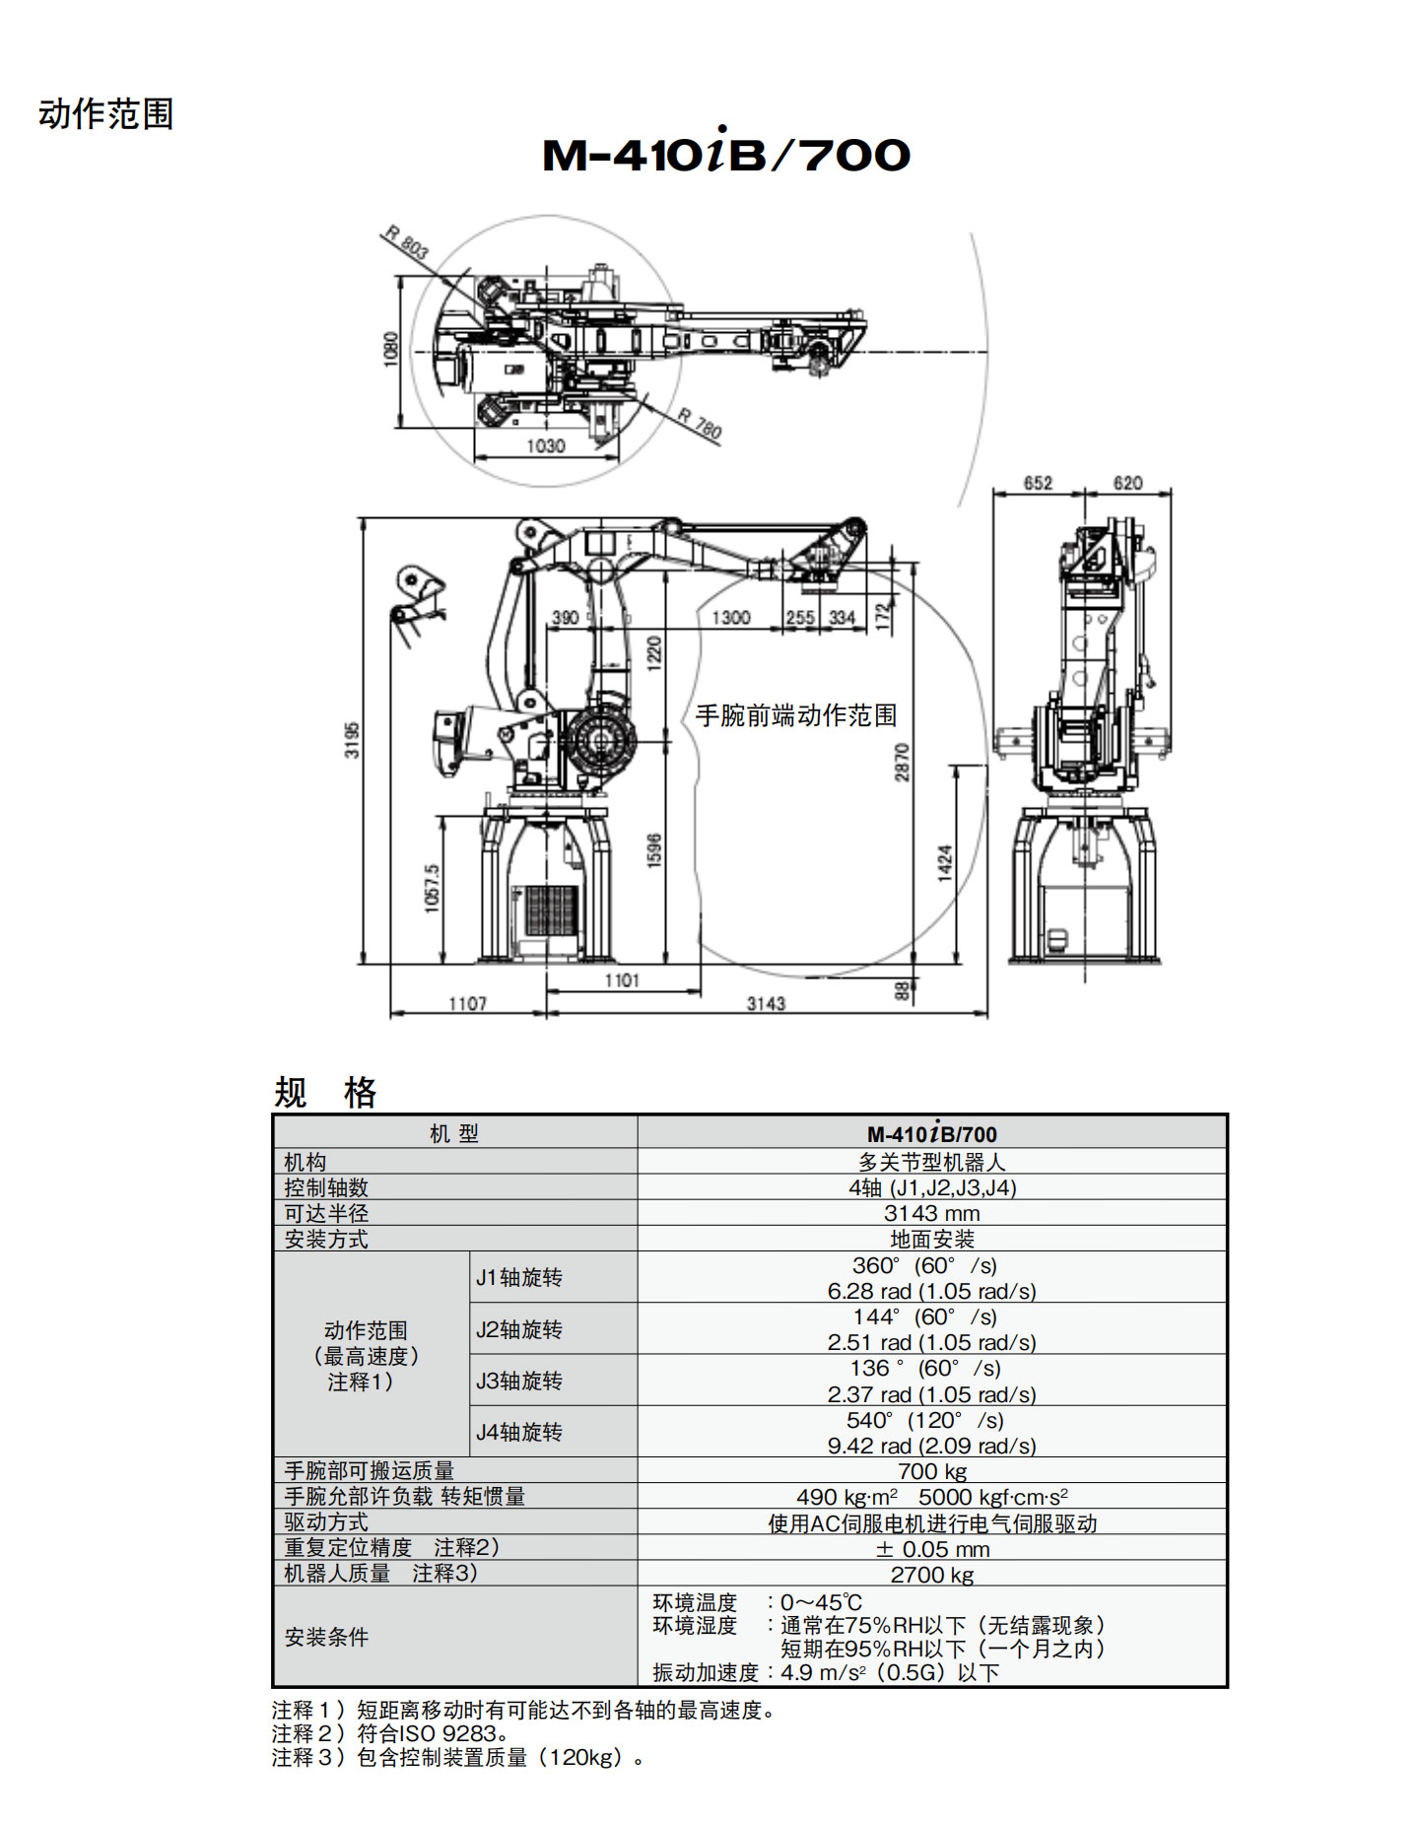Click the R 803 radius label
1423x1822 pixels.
pos(406,243)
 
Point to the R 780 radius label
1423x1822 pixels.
pos(700,424)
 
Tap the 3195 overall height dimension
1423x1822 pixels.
pos(352,740)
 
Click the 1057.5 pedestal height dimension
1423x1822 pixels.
pos(432,888)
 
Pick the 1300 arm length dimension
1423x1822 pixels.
pos(730,618)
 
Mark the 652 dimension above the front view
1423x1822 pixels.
pos(1038,483)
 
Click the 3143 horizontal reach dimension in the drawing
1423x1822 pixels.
pos(766,1003)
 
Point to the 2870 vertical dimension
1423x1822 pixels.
pos(902,763)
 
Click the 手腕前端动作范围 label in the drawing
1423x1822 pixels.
pos(795,715)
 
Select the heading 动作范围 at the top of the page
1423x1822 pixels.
pos(106,114)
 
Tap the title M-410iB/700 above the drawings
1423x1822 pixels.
pos(726,153)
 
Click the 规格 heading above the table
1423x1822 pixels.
pos(325,1092)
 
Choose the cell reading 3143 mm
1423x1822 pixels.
pos(931,1213)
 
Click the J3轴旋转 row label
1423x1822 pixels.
pos(519,1381)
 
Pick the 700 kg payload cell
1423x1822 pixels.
pos(931,1471)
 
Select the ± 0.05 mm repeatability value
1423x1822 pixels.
pos(931,1548)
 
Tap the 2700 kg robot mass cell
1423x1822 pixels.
pos(931,1575)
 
